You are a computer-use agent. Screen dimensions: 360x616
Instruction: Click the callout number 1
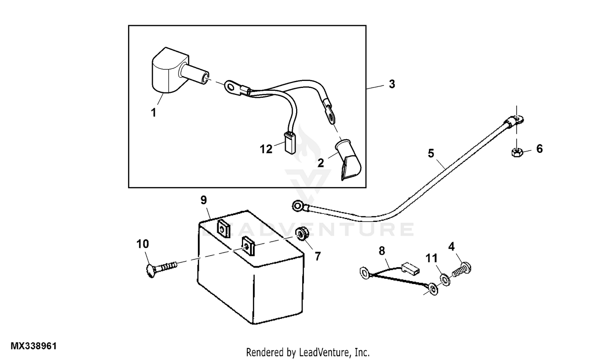click(x=154, y=112)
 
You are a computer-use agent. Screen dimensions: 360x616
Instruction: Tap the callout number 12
click(x=266, y=149)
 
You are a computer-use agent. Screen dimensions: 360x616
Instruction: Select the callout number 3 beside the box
click(x=392, y=84)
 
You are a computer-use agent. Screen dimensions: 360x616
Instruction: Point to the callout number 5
click(x=431, y=154)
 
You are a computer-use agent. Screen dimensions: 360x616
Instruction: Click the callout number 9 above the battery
click(x=204, y=200)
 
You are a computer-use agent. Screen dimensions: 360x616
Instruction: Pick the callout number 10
click(x=143, y=244)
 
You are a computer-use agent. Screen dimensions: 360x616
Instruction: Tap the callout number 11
click(x=432, y=258)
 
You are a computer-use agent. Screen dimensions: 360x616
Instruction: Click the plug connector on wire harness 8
click(x=411, y=268)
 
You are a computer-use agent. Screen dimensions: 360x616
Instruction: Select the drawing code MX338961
click(x=34, y=346)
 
